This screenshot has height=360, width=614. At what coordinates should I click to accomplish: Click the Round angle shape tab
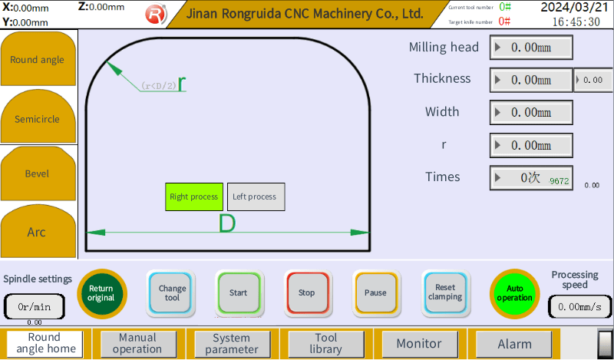pos(38,60)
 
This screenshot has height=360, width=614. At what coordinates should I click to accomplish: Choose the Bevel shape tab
pos(38,173)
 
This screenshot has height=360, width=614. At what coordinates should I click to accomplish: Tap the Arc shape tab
pos(38,232)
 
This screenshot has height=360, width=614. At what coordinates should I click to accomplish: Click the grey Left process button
pos(256,197)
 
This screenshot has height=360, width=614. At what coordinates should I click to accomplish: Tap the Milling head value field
pos(531,47)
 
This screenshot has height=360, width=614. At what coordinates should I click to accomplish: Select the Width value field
pos(531,112)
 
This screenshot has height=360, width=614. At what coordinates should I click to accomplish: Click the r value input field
pos(531,145)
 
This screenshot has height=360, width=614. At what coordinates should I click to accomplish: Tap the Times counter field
pos(531,178)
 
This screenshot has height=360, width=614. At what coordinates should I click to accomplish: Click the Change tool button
pos(172,292)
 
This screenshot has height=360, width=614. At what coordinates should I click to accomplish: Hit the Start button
pos(239,292)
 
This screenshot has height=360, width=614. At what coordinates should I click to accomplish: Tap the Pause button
pos(375,292)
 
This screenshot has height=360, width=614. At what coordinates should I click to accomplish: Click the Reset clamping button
pos(444,292)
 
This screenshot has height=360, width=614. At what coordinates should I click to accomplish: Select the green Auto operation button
pos(514,293)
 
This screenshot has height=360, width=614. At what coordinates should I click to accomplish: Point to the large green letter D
pos(227,224)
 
